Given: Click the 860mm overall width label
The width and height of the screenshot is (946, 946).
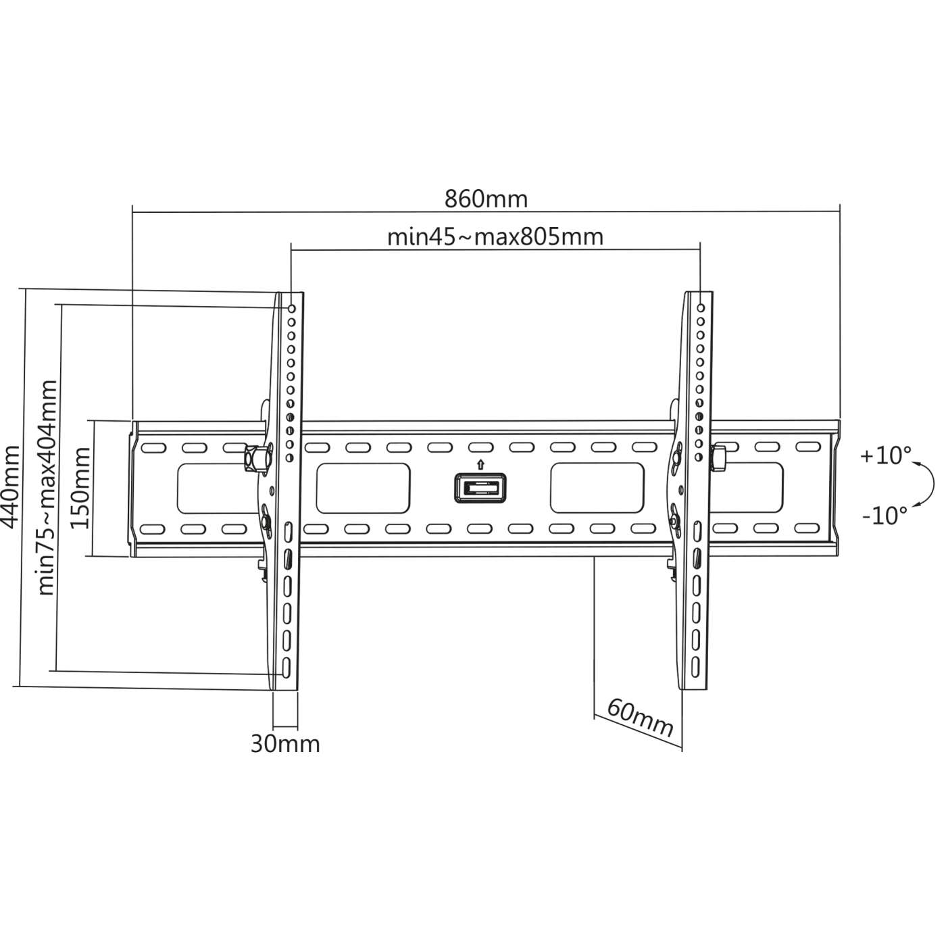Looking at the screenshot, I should (486, 199).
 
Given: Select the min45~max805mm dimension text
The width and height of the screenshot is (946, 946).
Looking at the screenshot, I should (495, 237).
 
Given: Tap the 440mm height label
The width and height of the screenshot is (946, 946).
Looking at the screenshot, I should (11, 487).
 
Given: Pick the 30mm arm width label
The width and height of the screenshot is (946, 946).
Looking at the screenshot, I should (285, 744).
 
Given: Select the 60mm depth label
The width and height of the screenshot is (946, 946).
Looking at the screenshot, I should (639, 718).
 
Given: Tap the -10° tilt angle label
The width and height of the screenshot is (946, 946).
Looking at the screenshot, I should (885, 516).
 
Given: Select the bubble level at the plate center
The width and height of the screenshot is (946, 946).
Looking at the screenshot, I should (480, 488).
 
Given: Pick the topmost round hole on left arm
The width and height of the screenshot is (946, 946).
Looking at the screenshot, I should (292, 309).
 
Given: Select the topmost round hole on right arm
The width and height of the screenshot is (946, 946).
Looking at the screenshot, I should (701, 308).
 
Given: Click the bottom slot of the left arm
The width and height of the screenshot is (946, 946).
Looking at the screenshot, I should (287, 666).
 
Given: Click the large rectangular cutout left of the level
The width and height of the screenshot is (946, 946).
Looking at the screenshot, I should (364, 488).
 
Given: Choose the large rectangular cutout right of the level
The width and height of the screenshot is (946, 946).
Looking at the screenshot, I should (597, 488).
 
